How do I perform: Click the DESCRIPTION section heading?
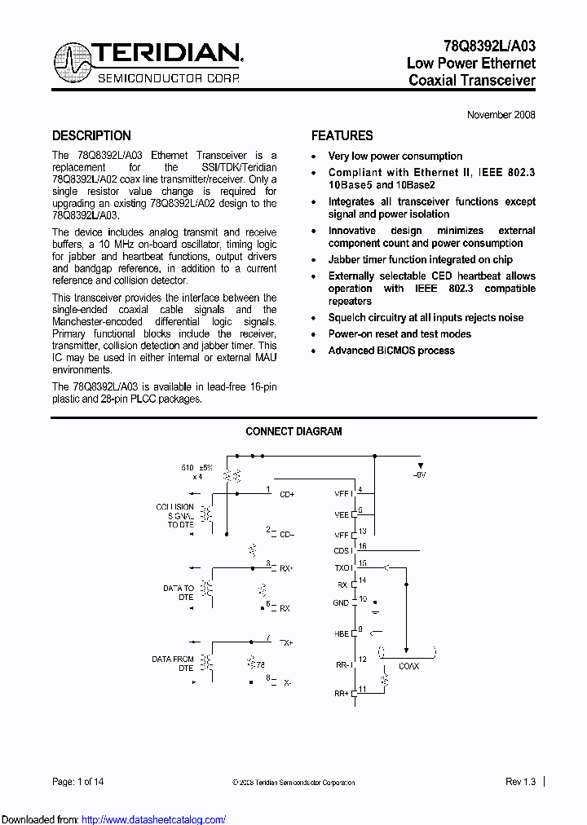click(x=91, y=136)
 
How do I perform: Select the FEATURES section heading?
click(x=342, y=136)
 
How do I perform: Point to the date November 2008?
click(x=501, y=115)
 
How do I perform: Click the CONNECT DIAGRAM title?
click(x=293, y=431)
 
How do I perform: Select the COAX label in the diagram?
click(x=408, y=666)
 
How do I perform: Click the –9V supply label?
click(x=419, y=474)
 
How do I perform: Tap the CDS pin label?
click(x=342, y=551)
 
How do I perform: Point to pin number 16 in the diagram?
click(x=363, y=546)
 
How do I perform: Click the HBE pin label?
click(x=342, y=633)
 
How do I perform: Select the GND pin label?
click(x=341, y=603)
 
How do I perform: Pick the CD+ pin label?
click(x=287, y=494)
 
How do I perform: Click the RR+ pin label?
click(x=342, y=693)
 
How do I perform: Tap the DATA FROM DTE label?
click(x=173, y=664)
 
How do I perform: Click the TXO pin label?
click(x=342, y=567)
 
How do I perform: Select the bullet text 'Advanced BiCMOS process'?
click(x=391, y=351)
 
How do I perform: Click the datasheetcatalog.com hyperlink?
click(x=154, y=819)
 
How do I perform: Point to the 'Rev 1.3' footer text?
click(x=520, y=782)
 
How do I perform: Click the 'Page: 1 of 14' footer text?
click(x=78, y=782)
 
